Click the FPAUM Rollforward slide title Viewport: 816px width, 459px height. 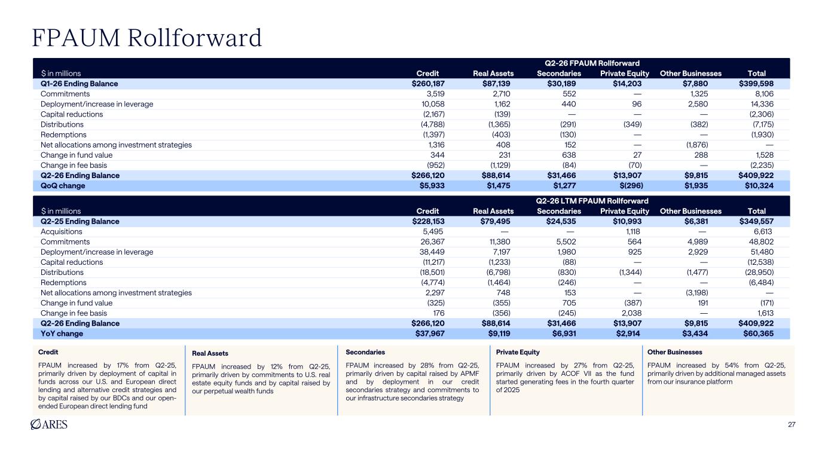pyautogui.click(x=147, y=38)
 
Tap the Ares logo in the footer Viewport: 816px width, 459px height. pyautogui.click(x=49, y=424)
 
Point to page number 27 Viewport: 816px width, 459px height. pyautogui.click(x=791, y=424)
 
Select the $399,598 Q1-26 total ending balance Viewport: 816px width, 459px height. pyautogui.click(x=756, y=84)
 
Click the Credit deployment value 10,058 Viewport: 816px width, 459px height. pyautogui.click(x=433, y=104)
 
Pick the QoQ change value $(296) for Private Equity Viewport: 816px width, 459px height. pyautogui.click(x=631, y=185)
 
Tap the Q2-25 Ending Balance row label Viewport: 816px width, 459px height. pyautogui.click(x=80, y=221)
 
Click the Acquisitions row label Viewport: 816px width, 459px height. pyautogui.click(x=61, y=231)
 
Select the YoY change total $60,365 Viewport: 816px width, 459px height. pyautogui.click(x=758, y=333)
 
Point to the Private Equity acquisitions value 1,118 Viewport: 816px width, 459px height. pyautogui.click(x=632, y=231)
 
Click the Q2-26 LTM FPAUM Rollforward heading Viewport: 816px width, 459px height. pyautogui.click(x=592, y=201)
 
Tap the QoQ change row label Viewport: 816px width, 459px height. pyautogui.click(x=63, y=185)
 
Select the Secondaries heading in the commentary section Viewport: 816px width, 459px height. pyautogui.click(x=365, y=352)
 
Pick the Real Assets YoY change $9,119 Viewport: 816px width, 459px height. pyautogui.click(x=499, y=333)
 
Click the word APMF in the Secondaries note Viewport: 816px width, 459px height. pyautogui.click(x=469, y=374)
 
